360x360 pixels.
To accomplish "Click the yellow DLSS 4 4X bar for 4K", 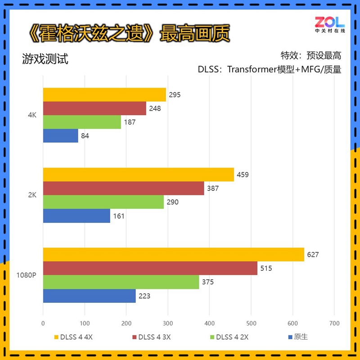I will point(104,94).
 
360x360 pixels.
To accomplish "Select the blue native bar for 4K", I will point(60,136).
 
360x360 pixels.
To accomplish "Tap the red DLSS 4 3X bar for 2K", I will point(123,189).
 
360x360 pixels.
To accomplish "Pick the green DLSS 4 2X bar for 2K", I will point(103,202).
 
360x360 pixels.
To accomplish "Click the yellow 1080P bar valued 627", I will point(173,255).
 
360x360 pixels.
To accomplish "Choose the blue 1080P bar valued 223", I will point(89,296).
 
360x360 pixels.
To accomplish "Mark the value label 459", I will point(243,175).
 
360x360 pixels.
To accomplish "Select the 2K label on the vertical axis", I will point(31,195).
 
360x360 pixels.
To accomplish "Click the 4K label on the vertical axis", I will point(31,115).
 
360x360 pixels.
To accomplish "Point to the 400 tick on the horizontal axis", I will point(209,323).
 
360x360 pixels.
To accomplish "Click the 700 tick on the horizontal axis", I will point(334,323).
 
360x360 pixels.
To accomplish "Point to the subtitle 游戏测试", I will point(45,59).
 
